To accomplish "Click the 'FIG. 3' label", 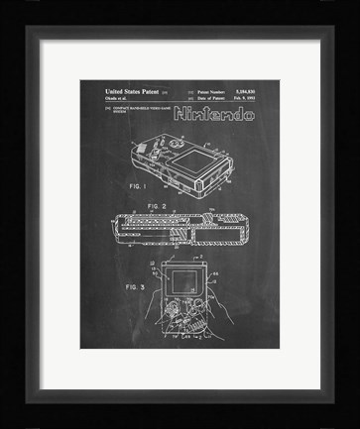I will point(109,285).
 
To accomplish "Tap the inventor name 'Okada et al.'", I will point(100,97).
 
